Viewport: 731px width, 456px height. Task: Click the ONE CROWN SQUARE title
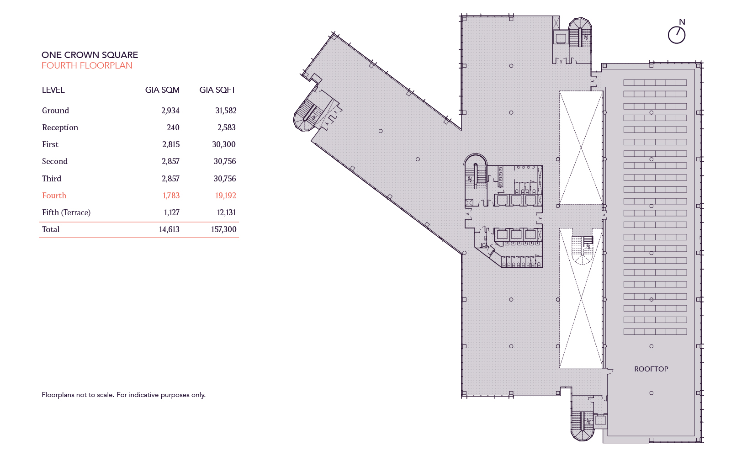point(90,55)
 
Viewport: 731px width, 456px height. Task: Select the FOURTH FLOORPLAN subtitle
point(87,65)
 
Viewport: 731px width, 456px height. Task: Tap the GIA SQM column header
point(162,90)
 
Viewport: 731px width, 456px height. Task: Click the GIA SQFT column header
point(217,90)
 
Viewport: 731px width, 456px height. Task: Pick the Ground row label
point(55,111)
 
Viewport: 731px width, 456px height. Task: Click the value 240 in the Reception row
point(173,127)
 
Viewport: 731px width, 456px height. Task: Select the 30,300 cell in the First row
point(224,144)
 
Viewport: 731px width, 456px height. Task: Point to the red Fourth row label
point(54,196)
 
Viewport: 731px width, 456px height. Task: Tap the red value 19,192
point(226,196)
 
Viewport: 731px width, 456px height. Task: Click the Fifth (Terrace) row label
point(66,212)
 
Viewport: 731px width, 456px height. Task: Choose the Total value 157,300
point(224,229)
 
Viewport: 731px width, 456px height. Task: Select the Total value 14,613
point(169,229)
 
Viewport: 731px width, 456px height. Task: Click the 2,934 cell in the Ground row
point(170,111)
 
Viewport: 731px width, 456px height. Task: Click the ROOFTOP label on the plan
point(651,369)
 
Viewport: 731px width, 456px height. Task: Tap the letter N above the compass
point(682,22)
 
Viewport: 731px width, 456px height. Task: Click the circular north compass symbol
point(677,35)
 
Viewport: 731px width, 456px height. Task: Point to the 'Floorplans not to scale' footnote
point(123,395)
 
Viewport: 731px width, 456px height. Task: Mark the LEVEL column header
point(53,90)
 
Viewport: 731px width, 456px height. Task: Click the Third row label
point(52,179)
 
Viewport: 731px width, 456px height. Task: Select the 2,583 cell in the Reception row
point(226,127)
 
